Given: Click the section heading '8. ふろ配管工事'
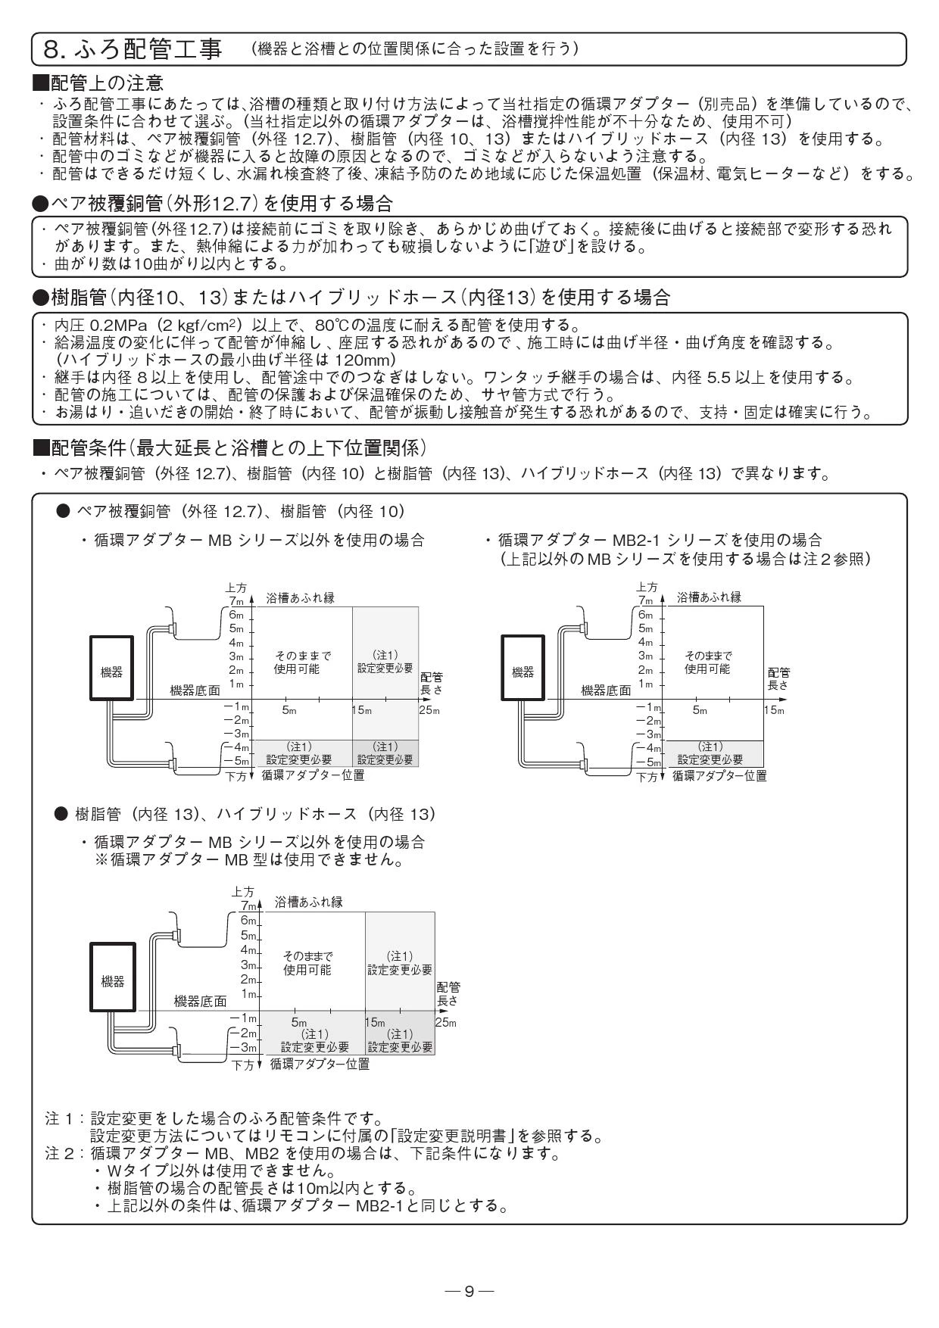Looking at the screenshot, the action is click(x=133, y=49).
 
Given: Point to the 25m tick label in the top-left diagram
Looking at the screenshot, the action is click(x=429, y=710).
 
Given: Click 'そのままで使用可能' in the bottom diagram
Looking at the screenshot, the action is click(x=307, y=963).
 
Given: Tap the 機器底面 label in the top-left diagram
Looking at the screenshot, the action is click(x=195, y=690).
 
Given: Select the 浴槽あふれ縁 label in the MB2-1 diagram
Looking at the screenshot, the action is click(x=710, y=597).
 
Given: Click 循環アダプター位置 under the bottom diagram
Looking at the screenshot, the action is click(x=320, y=1064).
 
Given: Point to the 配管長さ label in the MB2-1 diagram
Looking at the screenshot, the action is click(x=778, y=678).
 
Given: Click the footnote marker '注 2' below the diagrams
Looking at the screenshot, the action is click(x=59, y=1155).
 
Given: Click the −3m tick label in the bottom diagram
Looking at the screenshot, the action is click(x=245, y=1048).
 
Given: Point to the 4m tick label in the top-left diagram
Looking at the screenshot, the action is click(x=236, y=643).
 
